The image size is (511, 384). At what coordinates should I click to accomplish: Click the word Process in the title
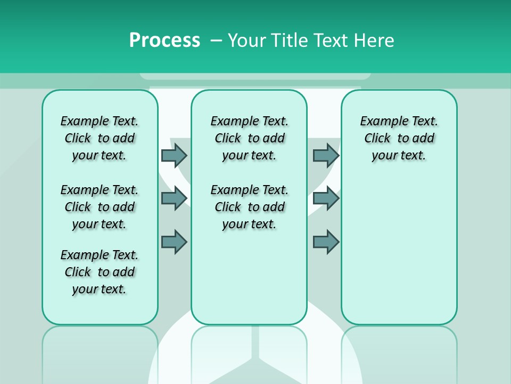click(x=164, y=40)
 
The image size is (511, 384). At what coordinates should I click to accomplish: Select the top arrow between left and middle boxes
click(x=174, y=155)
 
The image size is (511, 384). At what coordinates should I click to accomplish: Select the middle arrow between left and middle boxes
click(x=174, y=198)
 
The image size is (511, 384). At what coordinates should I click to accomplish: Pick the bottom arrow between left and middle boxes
click(x=174, y=242)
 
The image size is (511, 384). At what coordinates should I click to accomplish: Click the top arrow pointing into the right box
click(x=326, y=155)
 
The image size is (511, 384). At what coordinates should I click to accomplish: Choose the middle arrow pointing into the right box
click(x=326, y=198)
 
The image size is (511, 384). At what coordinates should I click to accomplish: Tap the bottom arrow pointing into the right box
click(x=326, y=242)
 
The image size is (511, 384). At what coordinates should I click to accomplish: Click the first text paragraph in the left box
click(x=100, y=138)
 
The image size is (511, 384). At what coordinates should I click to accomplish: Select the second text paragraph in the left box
click(x=100, y=207)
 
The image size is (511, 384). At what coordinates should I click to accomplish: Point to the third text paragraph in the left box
click(x=100, y=272)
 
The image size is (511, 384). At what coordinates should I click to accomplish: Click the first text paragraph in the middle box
click(x=249, y=138)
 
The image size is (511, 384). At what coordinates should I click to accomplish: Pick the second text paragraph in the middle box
click(x=249, y=207)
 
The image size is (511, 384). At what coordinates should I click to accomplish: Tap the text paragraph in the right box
click(x=399, y=138)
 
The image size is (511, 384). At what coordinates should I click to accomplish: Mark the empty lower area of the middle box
click(x=249, y=277)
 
